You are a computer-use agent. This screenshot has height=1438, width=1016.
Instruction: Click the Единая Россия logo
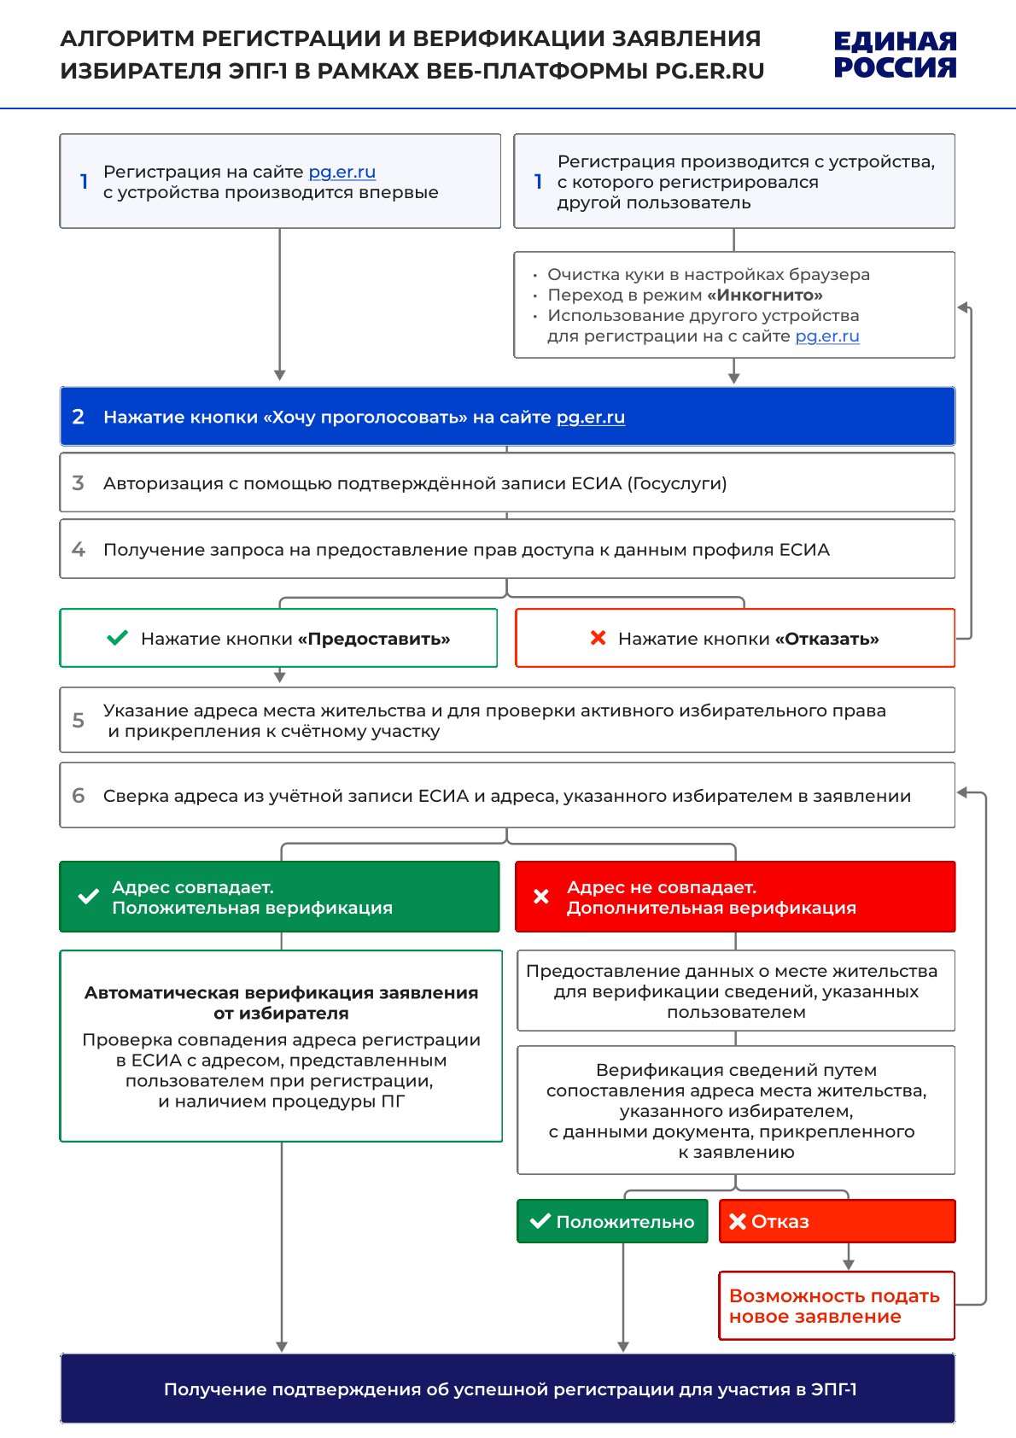pos(895,55)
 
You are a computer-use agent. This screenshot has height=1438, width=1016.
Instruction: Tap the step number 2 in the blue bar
pos(79,417)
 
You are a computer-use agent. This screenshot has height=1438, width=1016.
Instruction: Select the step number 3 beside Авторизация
pos(79,483)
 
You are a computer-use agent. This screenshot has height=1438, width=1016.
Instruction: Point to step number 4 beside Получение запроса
pos(79,549)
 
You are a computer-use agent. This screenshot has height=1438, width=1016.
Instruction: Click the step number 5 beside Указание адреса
pos(79,720)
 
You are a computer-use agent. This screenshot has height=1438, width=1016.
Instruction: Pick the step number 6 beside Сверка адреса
pos(79,796)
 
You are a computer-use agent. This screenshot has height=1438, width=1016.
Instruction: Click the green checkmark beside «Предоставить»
pos(117,638)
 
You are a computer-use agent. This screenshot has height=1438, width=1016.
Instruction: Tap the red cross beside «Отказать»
pos(599,638)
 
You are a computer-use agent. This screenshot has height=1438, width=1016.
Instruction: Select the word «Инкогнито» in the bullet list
pos(765,295)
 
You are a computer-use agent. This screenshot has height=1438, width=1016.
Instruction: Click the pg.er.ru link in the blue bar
pos(591,418)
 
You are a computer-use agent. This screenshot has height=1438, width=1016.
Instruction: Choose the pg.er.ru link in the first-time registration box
pos(342,172)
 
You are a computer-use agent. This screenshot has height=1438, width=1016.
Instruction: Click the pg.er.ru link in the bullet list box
pos(826,336)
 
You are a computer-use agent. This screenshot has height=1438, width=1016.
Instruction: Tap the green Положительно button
pos(612,1221)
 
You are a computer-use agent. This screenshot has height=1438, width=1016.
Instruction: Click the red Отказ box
pos(837,1221)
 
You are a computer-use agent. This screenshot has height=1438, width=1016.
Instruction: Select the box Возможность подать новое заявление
pos(836,1306)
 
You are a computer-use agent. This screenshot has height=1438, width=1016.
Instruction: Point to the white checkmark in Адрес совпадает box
pos(88,897)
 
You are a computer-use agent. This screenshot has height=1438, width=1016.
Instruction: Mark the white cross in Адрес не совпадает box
pos(541,897)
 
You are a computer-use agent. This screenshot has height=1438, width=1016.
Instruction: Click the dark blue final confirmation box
pos(507,1388)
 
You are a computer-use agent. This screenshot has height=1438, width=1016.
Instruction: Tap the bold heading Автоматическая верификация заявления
pos(281,1003)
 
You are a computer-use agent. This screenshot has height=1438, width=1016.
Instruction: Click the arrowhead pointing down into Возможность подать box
pos(848,1264)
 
